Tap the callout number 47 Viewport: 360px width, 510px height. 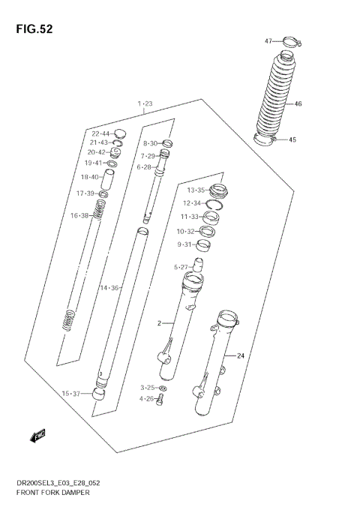pos(268,40)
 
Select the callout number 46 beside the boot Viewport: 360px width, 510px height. pos(297,103)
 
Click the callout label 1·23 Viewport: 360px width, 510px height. pos(145,103)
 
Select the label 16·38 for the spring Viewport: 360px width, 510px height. pos(79,216)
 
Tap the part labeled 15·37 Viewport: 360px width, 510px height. pos(98,394)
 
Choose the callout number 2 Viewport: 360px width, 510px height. pos(159,323)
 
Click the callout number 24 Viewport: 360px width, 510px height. pos(241,355)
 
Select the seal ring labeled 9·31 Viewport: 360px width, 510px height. pos(203,244)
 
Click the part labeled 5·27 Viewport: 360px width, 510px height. pos(199,265)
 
